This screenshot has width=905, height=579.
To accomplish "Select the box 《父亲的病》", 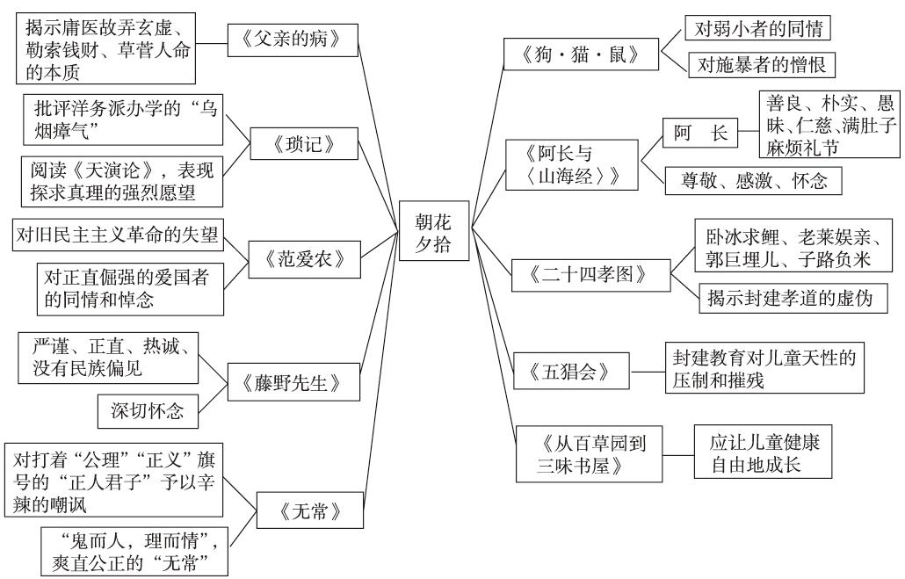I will (x=294, y=40).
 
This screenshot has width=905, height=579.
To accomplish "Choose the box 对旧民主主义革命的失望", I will (x=117, y=234).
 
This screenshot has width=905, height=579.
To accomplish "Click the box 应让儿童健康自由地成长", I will (x=761, y=452).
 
